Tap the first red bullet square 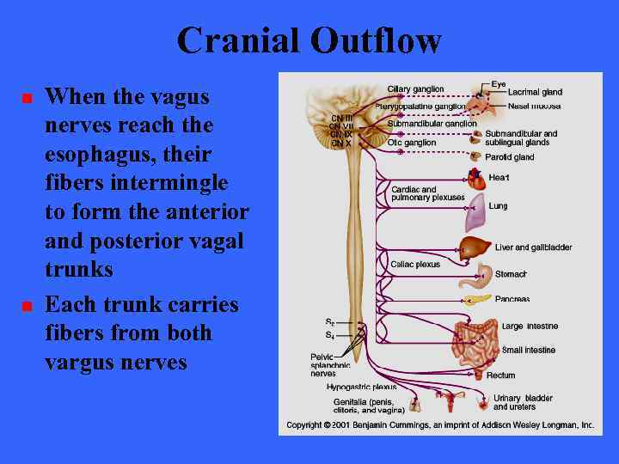point(26,100)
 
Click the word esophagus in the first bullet point(95,155)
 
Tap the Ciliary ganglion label point(415,89)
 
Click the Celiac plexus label point(414,265)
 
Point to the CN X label point(341,143)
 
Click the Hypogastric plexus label point(361,388)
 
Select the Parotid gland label point(510,157)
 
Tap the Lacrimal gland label point(535,92)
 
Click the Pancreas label point(512,300)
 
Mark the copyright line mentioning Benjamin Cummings point(440,425)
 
